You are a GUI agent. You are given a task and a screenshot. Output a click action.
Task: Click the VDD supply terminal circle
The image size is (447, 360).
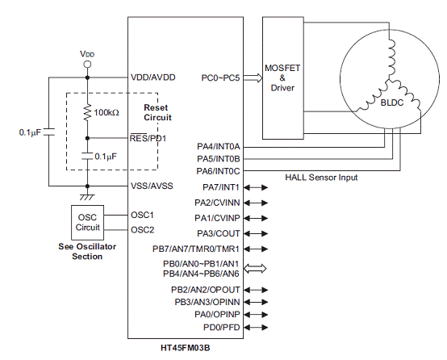coord(87,65)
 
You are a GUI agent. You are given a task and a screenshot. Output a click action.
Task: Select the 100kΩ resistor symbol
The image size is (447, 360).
coord(87,112)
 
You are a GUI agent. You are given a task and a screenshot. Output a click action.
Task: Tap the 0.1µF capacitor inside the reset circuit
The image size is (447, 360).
coord(87,156)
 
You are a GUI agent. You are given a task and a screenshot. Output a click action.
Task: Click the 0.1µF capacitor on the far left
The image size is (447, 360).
coord(49,132)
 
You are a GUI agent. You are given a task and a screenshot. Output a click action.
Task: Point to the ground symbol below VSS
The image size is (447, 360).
coord(87,197)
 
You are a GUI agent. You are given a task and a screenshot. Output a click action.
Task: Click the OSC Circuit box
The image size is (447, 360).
coord(87,223)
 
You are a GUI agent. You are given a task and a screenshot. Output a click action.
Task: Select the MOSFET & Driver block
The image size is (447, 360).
coord(282,77)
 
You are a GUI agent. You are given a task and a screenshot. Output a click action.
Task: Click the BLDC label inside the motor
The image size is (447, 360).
coord(392,103)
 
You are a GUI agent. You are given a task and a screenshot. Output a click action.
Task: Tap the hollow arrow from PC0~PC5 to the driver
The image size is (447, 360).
coord(253,77)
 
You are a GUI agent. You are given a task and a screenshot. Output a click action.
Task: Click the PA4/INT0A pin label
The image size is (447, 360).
coord(219,147)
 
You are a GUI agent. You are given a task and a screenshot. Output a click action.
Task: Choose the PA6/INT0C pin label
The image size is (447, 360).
coord(218,171)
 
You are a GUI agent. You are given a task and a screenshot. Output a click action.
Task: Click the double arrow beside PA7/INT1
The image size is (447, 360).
coord(256,187)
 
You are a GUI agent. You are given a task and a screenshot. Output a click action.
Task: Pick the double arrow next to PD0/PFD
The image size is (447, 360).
coord(256,327)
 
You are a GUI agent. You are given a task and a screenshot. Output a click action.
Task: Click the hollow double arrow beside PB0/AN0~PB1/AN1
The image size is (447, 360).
coord(255,269)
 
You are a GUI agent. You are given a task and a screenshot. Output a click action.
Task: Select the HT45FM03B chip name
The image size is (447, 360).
coord(186,348)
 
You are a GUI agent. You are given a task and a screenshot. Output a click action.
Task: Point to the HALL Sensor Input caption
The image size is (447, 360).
coord(321,178)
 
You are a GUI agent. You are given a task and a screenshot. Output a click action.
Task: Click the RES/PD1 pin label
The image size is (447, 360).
coord(148,138)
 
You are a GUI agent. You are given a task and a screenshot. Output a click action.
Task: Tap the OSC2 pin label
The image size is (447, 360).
coord(142,229)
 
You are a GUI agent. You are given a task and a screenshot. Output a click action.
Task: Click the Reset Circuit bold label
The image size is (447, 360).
coord(157,112)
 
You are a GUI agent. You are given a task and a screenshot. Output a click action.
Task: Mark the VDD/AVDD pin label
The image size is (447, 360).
coord(153,77)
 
